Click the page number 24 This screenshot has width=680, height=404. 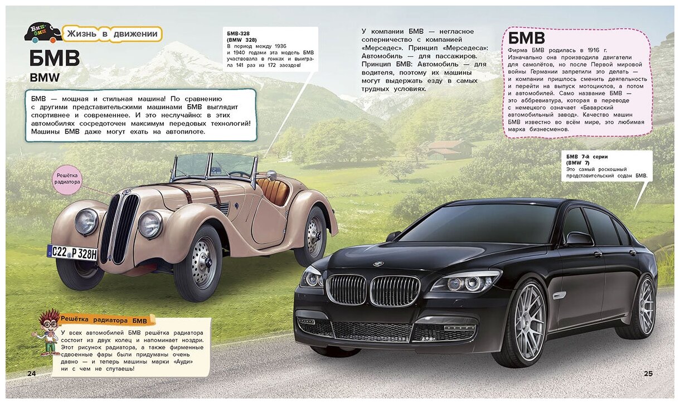[31, 373]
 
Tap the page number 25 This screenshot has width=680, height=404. [648, 373]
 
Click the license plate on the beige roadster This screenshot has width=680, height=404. [72, 252]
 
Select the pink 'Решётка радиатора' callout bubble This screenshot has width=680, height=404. [68, 178]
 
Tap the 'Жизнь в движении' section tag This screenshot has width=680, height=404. [111, 34]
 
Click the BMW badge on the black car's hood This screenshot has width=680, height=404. [378, 264]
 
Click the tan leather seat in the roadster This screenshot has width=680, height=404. [273, 189]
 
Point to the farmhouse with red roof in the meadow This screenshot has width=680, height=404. [449, 149]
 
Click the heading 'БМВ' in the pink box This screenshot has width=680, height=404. [527, 38]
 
